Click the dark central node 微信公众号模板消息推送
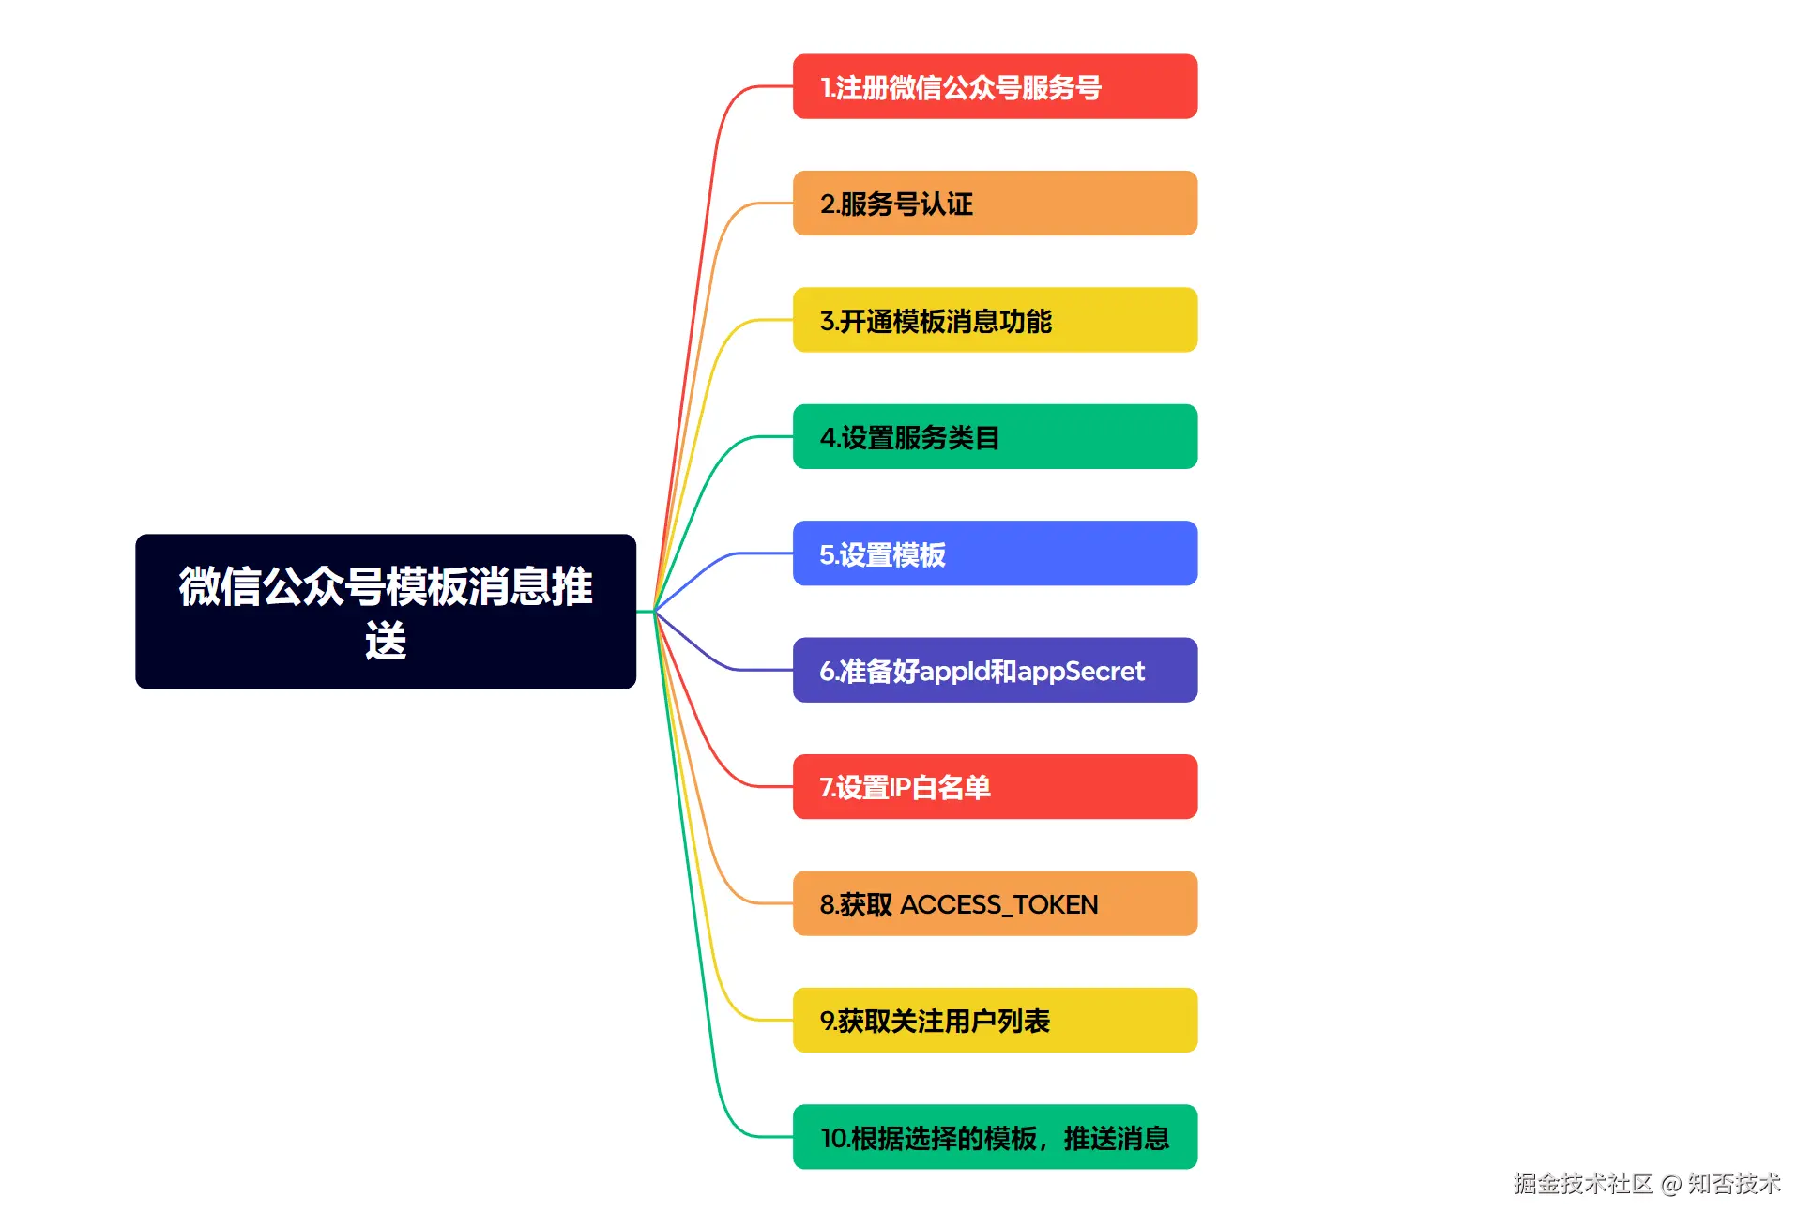(x=385, y=611)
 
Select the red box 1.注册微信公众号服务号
(x=994, y=86)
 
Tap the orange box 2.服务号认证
(x=994, y=203)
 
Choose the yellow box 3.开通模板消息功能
(x=994, y=320)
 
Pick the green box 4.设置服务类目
(x=994, y=436)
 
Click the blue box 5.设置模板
(x=994, y=553)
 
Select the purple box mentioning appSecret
(x=994, y=670)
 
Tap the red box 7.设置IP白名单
(x=994, y=786)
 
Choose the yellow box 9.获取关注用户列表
(x=994, y=1020)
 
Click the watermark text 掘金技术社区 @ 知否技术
(x=1646, y=1184)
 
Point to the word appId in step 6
(x=953, y=672)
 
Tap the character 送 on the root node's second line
(x=385, y=642)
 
